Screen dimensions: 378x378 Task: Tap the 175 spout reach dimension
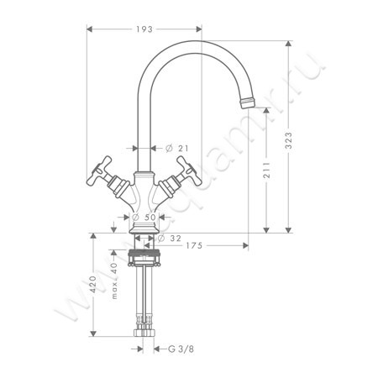195,245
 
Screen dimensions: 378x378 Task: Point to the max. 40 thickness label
113,281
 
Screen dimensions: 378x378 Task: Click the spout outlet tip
248,102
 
